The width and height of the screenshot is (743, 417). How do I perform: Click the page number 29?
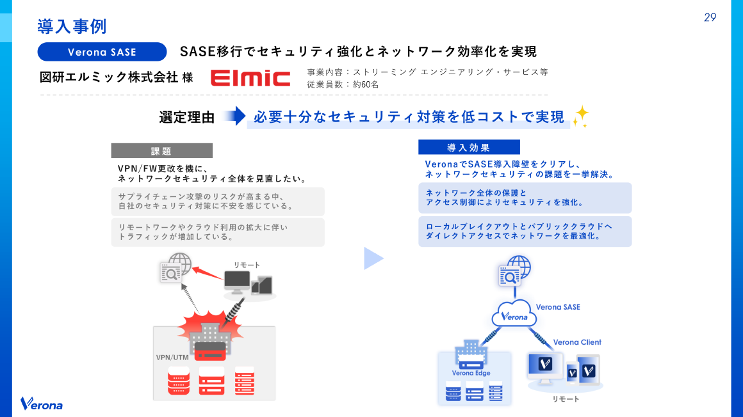710,17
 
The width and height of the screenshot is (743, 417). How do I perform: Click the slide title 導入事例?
72,27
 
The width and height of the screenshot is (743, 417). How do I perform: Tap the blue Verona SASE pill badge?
102,52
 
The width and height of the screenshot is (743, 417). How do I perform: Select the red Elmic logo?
250,78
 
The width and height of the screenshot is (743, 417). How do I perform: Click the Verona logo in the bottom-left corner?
42,404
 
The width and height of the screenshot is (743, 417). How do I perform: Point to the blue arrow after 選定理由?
235,116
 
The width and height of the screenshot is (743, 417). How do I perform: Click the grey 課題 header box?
161,151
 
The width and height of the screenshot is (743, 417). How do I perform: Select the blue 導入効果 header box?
469,148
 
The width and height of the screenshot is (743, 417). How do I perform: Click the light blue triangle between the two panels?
373,258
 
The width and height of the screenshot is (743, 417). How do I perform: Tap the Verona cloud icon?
514,313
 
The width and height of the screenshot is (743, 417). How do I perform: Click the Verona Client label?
577,342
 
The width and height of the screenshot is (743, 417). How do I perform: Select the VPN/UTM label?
172,358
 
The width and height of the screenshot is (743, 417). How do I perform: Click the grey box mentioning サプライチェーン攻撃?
218,201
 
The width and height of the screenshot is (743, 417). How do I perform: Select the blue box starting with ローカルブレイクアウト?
525,232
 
